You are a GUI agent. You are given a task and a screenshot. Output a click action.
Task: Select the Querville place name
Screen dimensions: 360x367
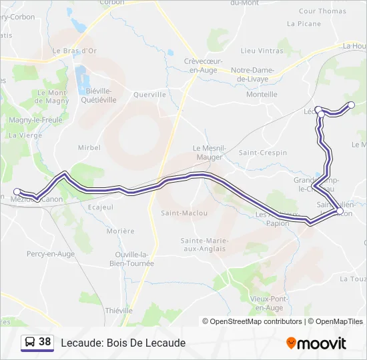(149, 95)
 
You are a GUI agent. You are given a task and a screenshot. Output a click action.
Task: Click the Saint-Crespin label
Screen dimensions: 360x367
(263, 153)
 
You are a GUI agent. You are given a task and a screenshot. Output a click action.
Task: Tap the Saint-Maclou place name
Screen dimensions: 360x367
(184, 213)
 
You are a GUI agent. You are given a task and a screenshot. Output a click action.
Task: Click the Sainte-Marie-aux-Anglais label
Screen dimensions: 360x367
(204, 245)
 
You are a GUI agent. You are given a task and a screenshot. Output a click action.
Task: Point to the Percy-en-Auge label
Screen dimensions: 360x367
(51, 254)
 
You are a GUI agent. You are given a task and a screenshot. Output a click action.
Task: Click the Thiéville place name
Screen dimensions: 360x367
(119, 311)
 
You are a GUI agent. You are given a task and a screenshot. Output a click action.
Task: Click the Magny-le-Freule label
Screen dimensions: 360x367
(35, 120)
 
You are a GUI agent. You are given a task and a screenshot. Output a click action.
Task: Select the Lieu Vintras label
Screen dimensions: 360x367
(262, 51)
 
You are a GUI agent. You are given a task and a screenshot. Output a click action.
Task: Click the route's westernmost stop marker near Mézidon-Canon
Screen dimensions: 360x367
(17, 191)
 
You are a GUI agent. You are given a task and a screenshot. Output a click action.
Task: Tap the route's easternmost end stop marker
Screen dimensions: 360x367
(352, 105)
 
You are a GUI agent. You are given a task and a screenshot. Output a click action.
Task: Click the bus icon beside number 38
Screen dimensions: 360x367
(30, 343)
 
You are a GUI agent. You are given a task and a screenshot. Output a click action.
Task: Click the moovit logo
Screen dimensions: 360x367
(316, 343)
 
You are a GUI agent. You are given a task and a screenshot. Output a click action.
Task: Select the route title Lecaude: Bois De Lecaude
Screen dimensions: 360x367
(123, 343)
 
